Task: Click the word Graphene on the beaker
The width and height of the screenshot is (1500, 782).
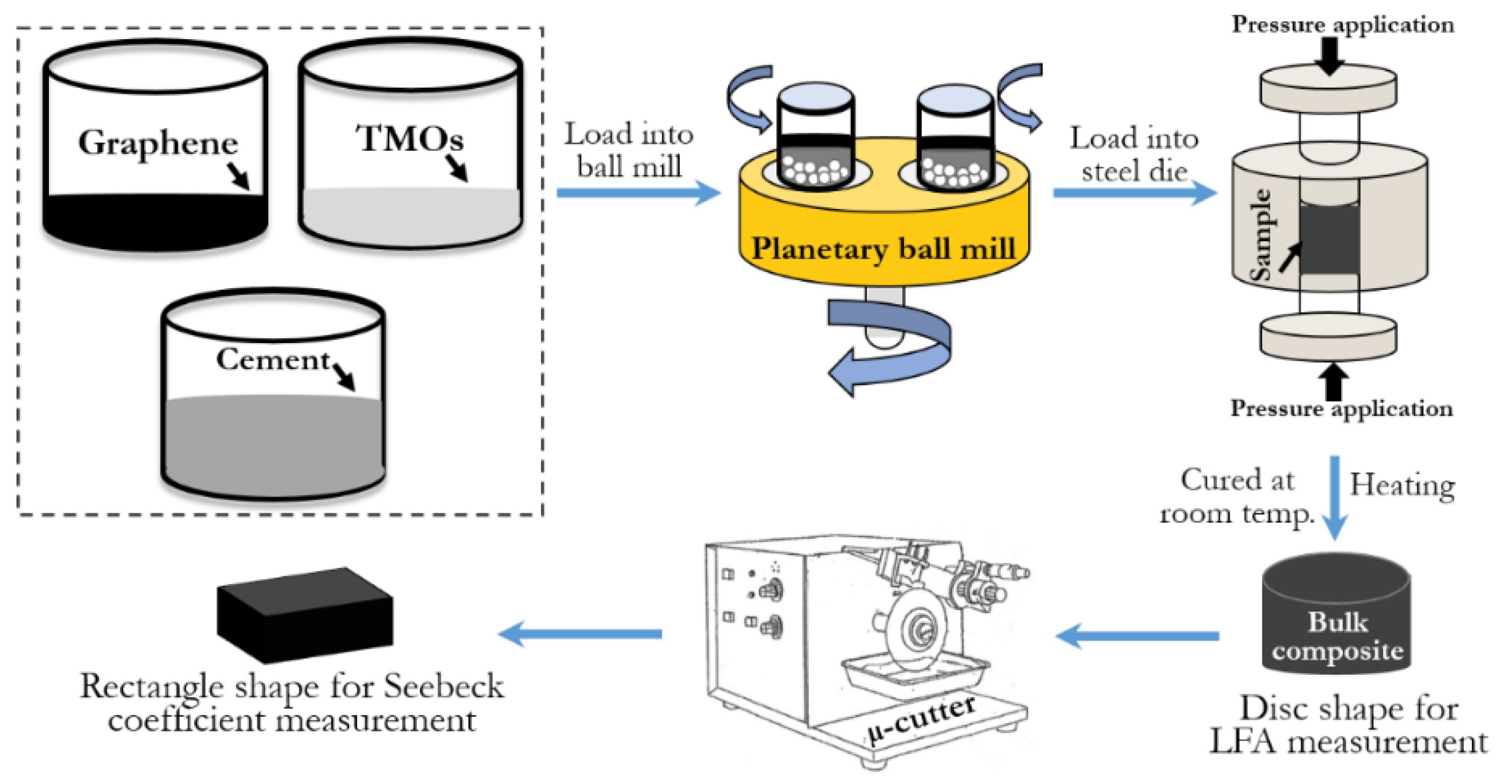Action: tap(158, 142)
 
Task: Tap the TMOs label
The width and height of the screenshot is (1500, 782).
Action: tap(409, 139)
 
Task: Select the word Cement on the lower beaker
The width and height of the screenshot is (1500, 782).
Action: tap(273, 359)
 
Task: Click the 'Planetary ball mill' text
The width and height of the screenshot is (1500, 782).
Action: tap(884, 249)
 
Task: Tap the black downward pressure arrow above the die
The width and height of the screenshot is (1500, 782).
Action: tap(1329, 56)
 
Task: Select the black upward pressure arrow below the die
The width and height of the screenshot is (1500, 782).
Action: tap(1333, 382)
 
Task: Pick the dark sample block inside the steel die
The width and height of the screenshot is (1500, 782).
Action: tap(1329, 239)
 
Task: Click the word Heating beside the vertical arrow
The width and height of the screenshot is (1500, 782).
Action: tap(1402, 484)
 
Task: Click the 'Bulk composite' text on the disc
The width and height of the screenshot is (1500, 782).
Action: tap(1337, 636)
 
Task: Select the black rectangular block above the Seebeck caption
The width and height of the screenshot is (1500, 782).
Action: tap(305, 614)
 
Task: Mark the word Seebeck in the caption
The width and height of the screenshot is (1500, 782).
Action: tap(443, 686)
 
